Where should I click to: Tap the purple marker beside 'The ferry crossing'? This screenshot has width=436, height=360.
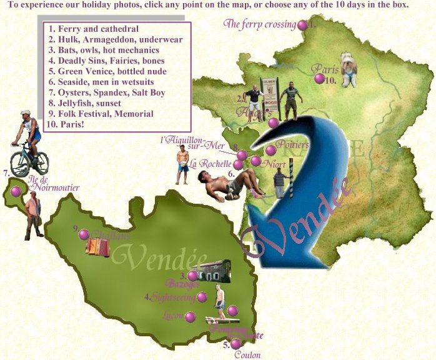[303, 26]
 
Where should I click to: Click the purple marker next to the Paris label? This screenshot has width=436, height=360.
[320, 79]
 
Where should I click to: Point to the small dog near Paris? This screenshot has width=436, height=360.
[348, 69]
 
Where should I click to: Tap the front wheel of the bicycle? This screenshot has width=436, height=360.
[19, 164]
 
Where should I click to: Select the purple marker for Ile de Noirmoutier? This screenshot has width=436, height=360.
[16, 191]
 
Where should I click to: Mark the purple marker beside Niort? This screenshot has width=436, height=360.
[256, 161]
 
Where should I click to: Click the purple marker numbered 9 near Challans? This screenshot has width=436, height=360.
[84, 234]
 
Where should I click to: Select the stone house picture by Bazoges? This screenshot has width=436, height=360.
[214, 271]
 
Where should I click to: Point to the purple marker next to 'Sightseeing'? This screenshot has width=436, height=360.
[202, 297]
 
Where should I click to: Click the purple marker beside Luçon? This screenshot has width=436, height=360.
[191, 317]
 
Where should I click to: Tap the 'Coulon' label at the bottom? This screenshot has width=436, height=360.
[247, 354]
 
